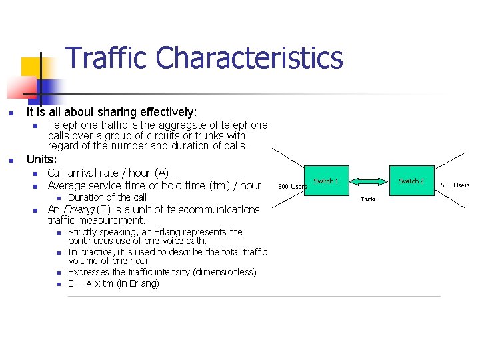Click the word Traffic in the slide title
coord(107,58)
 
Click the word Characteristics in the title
coord(249,58)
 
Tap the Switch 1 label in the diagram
coord(326,181)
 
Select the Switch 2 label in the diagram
coord(411,181)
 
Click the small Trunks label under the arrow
coord(368,199)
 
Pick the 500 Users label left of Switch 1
coord(292,186)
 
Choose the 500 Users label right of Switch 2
coord(455,185)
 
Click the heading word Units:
coord(41,160)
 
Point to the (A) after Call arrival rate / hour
coord(161,173)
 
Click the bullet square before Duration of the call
coord(59,198)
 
